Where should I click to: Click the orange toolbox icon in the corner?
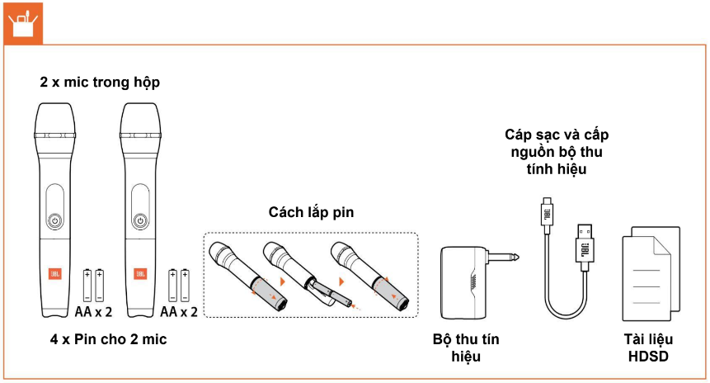pos(21,22)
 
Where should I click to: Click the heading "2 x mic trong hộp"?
pos(100,83)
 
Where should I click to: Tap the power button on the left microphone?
pos(54,220)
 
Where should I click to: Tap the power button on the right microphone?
pos(140,220)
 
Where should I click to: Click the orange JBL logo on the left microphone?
pos(54,272)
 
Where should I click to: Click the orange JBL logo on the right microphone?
pos(140,272)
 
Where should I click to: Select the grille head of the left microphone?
pos(54,120)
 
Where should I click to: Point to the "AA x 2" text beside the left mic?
pos(93,311)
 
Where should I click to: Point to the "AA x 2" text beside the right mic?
pos(179,311)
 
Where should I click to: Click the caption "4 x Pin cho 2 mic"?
pos(103,338)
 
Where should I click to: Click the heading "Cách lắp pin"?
pos(311,212)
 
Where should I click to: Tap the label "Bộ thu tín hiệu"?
pos(466,348)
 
